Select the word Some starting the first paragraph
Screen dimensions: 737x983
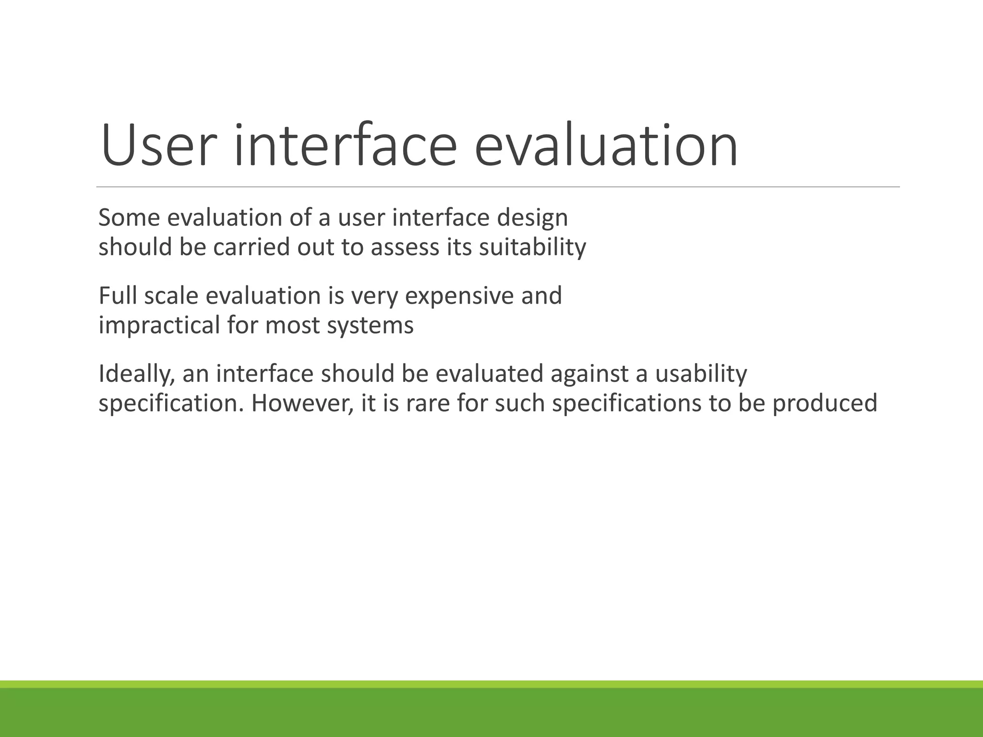coord(129,218)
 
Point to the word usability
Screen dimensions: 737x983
coord(701,374)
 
